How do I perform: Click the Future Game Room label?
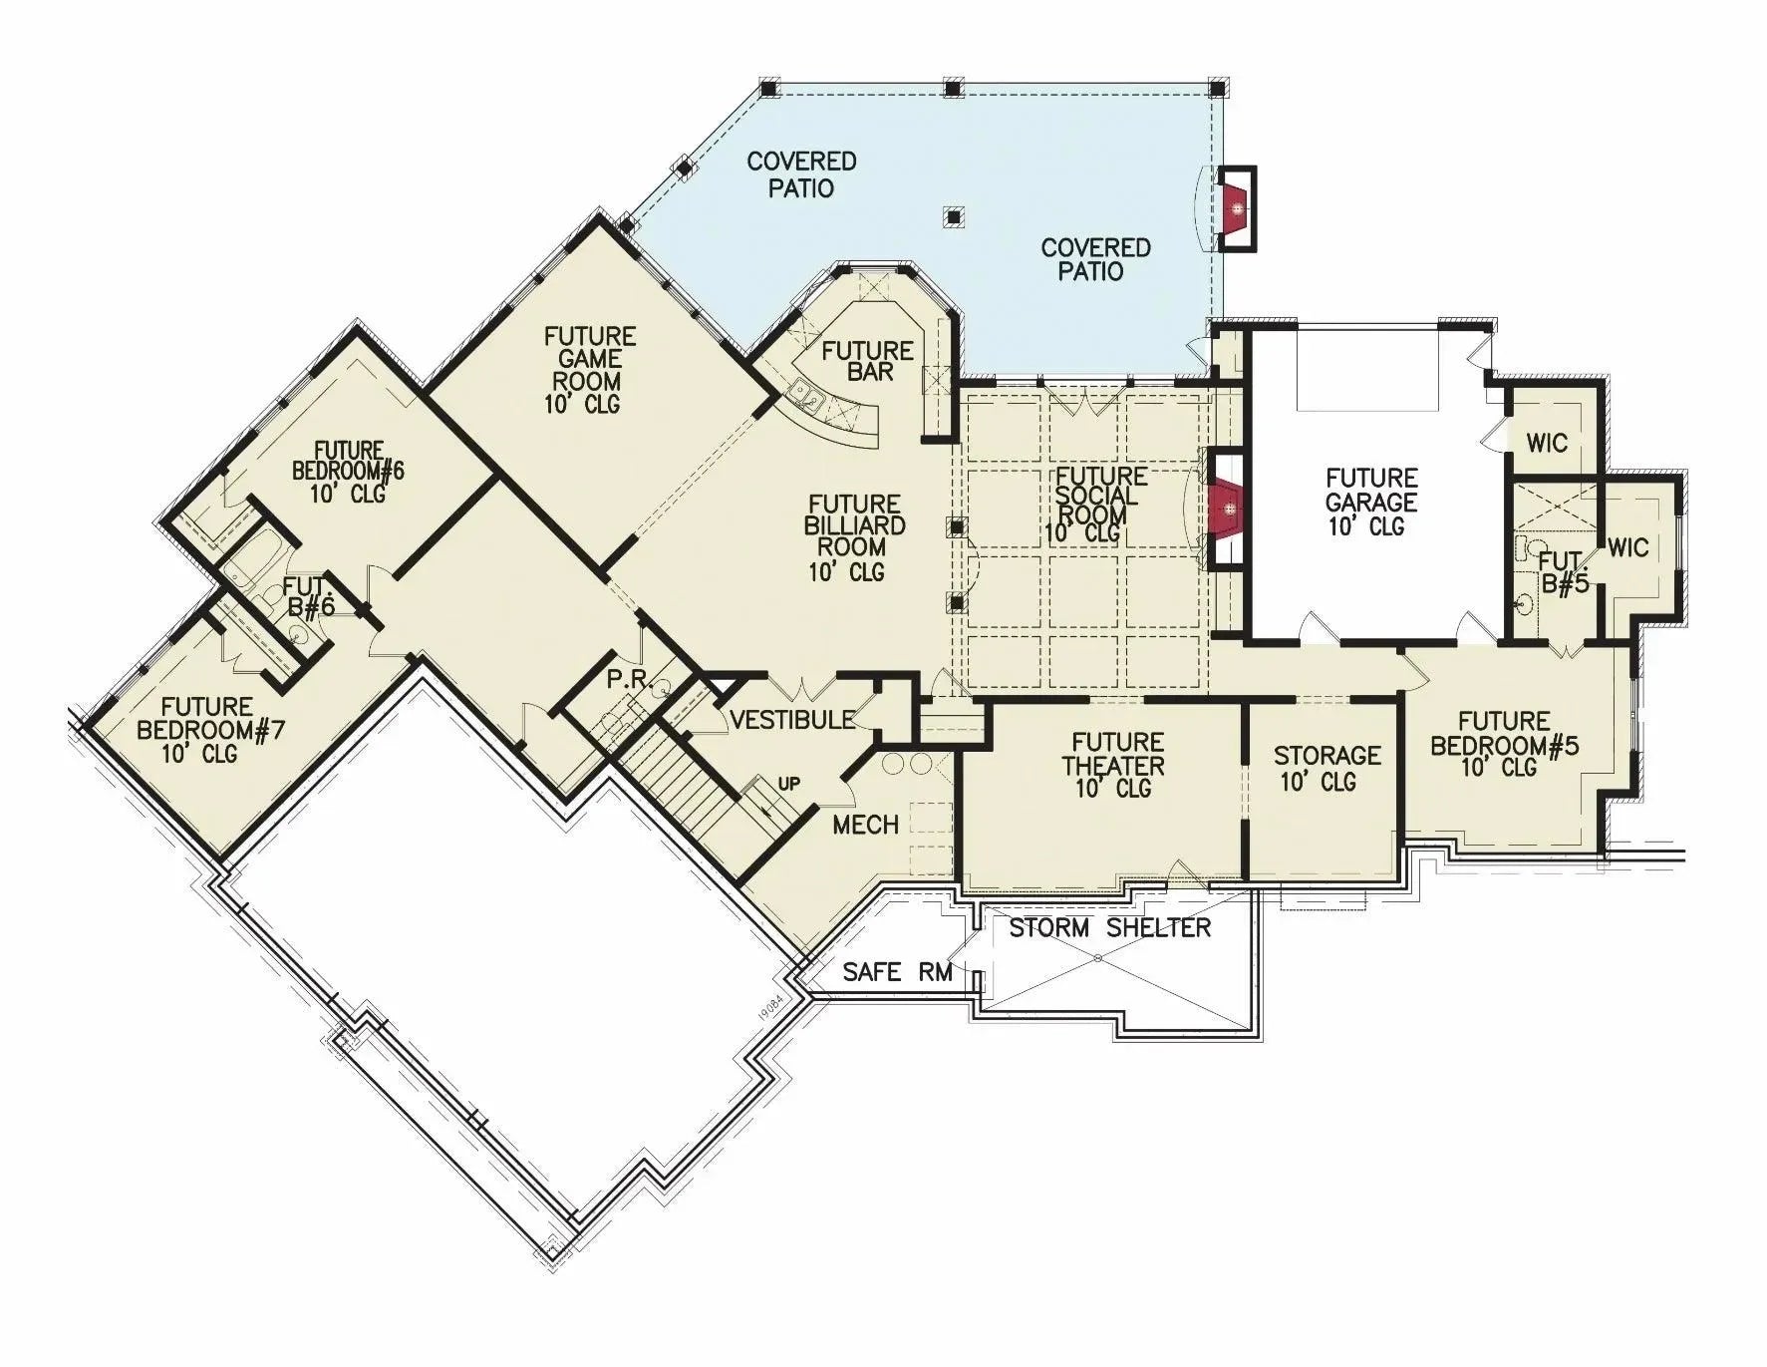(589, 370)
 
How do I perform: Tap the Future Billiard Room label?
(855, 537)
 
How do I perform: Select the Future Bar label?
(867, 361)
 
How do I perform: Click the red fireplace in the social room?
(1229, 510)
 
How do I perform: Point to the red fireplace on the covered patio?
(1236, 208)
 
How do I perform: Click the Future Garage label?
(1371, 502)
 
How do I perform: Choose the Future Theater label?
(1116, 765)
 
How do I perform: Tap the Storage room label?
(1326, 767)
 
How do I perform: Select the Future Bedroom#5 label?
(1504, 744)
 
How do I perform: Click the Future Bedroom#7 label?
(209, 730)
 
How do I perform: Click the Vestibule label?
(791, 719)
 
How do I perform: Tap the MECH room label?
(865, 825)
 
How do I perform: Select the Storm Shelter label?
(1109, 928)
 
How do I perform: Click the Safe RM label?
(897, 971)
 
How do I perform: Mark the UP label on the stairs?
(788, 784)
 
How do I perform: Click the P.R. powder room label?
(628, 680)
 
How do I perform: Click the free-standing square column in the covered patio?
(954, 216)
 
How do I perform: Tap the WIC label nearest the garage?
(1546, 442)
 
